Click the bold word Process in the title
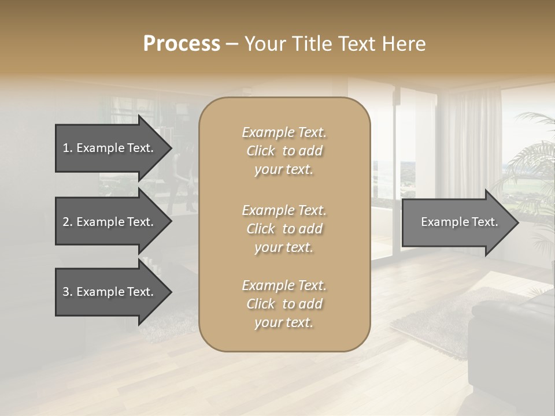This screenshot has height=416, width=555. pos(182,44)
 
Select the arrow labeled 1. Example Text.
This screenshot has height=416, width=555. pos(108,148)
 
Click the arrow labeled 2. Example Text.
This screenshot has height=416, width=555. pos(108,222)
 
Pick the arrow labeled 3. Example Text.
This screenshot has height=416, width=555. pos(108,292)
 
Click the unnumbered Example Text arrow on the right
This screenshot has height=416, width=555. pos(459,222)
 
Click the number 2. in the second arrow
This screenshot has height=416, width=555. pos(68,222)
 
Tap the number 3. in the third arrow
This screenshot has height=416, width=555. pos(68,292)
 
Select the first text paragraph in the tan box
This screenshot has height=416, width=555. pos(284,151)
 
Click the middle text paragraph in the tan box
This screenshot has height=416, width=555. pos(284,229)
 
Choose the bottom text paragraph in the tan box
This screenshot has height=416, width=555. pos(284,304)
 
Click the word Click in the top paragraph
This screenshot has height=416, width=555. pos(261,151)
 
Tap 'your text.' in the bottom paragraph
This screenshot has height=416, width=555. pos(284,322)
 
